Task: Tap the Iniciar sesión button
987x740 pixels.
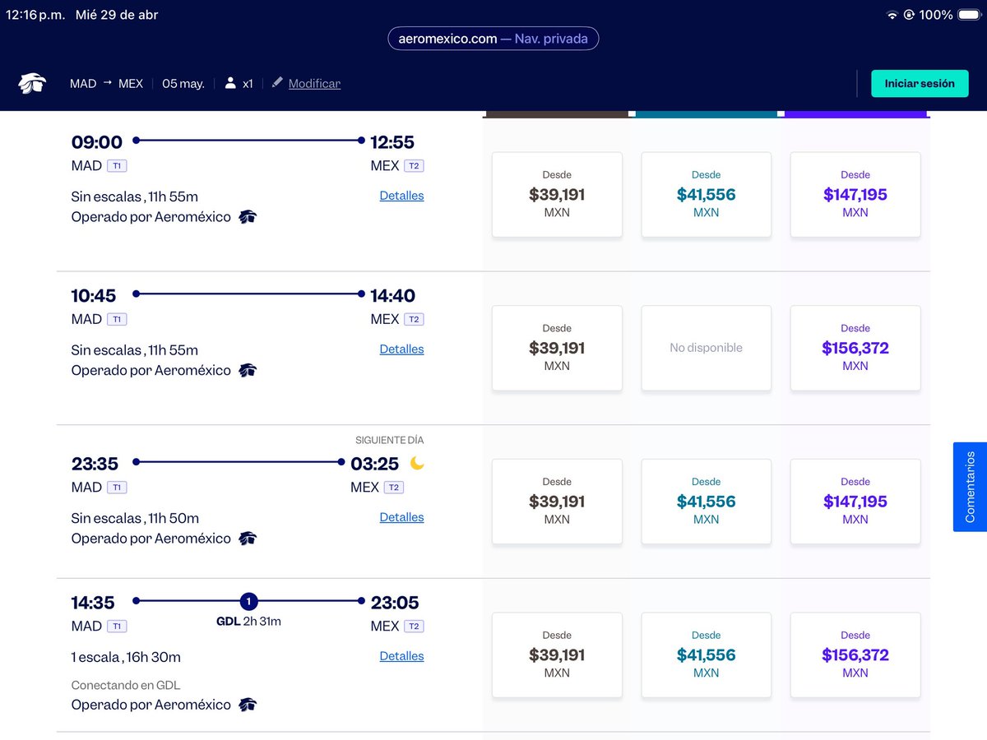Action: tap(920, 84)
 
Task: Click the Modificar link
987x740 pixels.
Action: tap(314, 84)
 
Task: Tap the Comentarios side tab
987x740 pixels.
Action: tap(970, 487)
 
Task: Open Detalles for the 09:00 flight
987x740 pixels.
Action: tap(401, 196)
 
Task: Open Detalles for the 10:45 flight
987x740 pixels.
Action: tap(401, 349)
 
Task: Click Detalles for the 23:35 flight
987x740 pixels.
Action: tap(401, 517)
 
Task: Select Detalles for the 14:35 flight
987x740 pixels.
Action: tap(401, 656)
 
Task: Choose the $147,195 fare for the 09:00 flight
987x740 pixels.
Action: tap(855, 195)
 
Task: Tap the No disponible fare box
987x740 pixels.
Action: tap(706, 348)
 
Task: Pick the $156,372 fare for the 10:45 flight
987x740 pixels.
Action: tap(855, 348)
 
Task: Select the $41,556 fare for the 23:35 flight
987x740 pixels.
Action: tap(706, 502)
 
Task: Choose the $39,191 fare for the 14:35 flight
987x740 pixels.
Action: tap(557, 655)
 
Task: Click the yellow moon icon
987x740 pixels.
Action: tap(417, 463)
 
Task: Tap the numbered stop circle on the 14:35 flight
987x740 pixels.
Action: tap(248, 601)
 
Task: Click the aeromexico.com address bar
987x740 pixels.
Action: tap(493, 39)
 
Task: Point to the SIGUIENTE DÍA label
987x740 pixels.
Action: tap(389, 440)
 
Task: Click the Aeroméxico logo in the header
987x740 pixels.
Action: tap(32, 83)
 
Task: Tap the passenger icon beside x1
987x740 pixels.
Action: tap(230, 83)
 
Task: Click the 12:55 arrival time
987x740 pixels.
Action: tap(392, 142)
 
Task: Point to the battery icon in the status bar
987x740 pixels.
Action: tap(970, 15)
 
